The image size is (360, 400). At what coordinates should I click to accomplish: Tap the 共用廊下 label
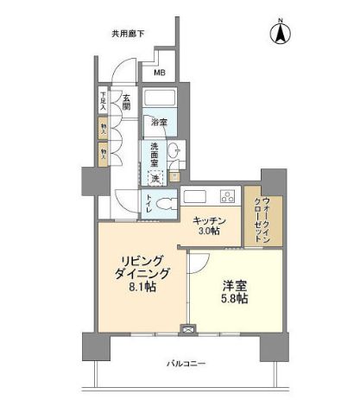click(x=127, y=34)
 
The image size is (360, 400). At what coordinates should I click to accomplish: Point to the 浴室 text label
click(x=158, y=121)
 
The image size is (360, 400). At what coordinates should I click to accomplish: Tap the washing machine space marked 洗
click(x=156, y=178)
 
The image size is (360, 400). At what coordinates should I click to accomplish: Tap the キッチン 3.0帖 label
click(x=209, y=225)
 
